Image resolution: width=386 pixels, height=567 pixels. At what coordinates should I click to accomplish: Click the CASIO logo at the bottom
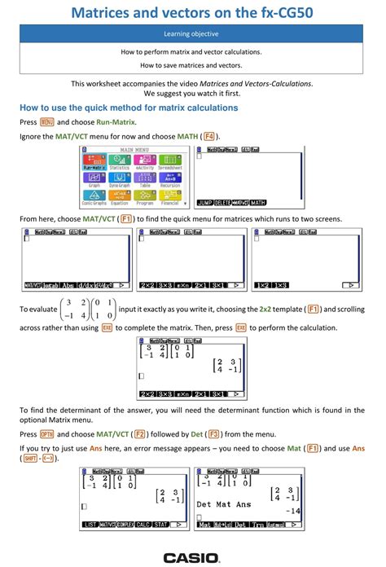coord(191,558)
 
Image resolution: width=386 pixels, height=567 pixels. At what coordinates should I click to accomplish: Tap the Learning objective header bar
coord(192,35)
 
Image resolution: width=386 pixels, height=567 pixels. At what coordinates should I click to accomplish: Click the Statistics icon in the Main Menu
coord(119,161)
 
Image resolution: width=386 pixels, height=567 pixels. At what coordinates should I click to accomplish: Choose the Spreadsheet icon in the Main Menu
coord(169,161)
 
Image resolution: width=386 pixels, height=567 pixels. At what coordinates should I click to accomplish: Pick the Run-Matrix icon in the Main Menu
coord(94,161)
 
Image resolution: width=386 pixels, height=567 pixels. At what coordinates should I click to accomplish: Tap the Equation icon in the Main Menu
coord(119,196)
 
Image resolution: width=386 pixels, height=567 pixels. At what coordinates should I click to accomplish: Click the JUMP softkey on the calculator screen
coord(204,202)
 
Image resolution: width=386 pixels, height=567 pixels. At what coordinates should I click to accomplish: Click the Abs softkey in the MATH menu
coord(66,286)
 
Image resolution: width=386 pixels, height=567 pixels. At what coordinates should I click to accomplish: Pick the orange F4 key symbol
coord(209,136)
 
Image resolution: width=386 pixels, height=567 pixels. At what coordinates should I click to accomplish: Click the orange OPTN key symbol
coord(46,434)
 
